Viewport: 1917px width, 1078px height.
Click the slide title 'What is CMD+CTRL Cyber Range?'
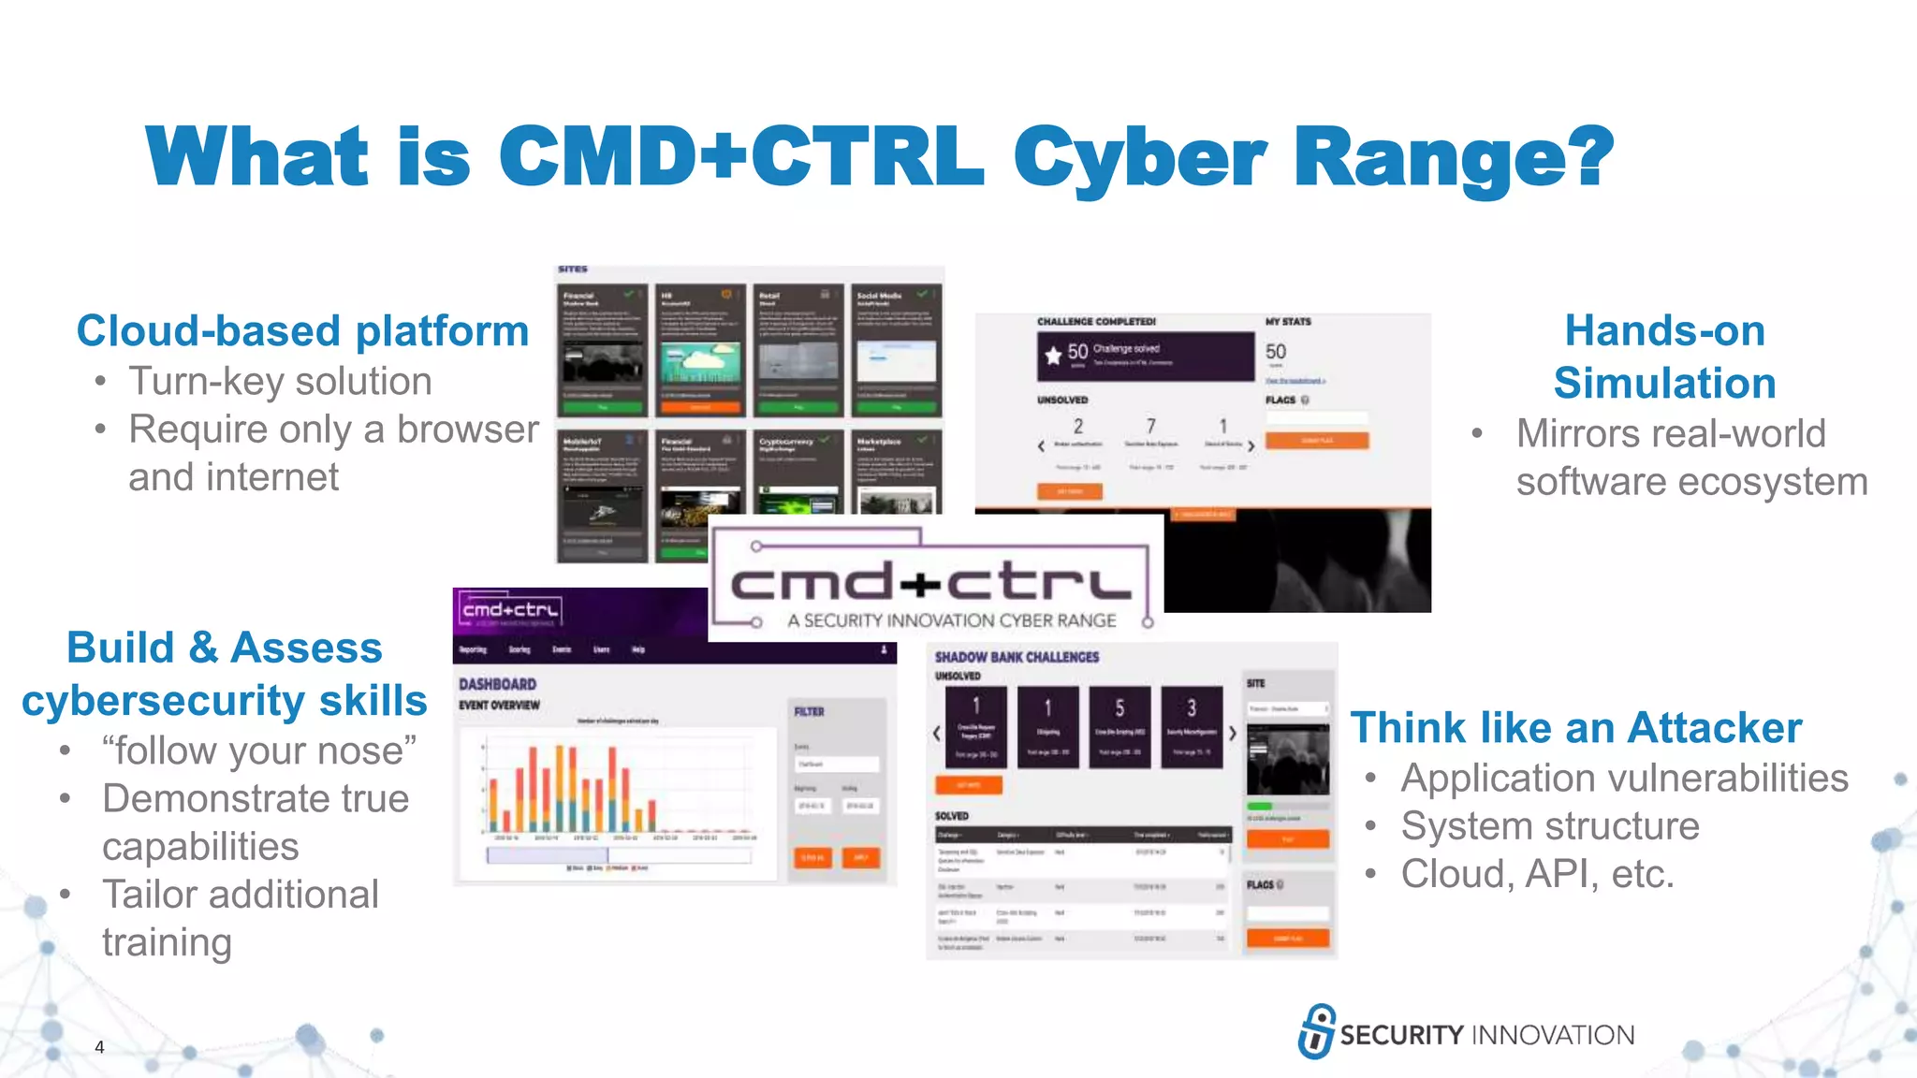[880, 157]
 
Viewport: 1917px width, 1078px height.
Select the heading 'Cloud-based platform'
[302, 331]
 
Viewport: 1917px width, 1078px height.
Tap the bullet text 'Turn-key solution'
[280, 382]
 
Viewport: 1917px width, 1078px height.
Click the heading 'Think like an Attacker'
[1575, 728]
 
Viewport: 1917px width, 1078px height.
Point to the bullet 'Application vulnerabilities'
[1624, 779]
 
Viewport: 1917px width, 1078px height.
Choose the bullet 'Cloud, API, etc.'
[1537, 874]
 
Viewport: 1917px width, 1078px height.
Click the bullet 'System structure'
[1550, 826]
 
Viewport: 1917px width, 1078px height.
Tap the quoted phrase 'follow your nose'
[259, 751]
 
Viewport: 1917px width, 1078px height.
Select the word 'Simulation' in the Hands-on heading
[1664, 384]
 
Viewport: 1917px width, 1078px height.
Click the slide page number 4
[99, 1047]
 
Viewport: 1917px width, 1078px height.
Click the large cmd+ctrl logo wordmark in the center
[930, 583]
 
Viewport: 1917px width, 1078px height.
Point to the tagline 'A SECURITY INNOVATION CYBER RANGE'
[951, 620]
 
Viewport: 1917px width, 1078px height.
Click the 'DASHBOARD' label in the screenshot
[497, 684]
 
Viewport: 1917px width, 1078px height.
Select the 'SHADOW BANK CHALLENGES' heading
[1017, 658]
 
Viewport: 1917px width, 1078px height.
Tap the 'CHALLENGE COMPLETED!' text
[1096, 322]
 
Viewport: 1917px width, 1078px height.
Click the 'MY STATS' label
[1288, 322]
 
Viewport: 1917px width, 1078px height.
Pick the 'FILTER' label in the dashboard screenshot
[809, 712]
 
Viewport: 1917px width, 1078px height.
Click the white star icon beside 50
[1053, 355]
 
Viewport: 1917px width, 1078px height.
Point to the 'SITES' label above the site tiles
[573, 269]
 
